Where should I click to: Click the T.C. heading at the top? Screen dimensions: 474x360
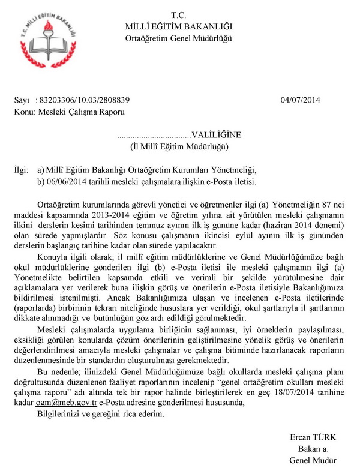click(x=179, y=14)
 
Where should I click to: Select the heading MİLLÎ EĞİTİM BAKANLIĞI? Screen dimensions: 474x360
click(x=179, y=26)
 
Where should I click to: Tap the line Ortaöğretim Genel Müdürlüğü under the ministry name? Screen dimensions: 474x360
click(x=179, y=38)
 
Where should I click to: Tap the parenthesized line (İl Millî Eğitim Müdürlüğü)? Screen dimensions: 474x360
click(x=179, y=147)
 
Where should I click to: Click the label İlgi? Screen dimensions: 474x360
click(x=21, y=170)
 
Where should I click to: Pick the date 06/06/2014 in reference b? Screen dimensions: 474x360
click(x=66, y=181)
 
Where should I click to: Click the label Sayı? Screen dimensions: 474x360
click(x=21, y=101)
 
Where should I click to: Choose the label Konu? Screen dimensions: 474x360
click(x=23, y=112)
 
